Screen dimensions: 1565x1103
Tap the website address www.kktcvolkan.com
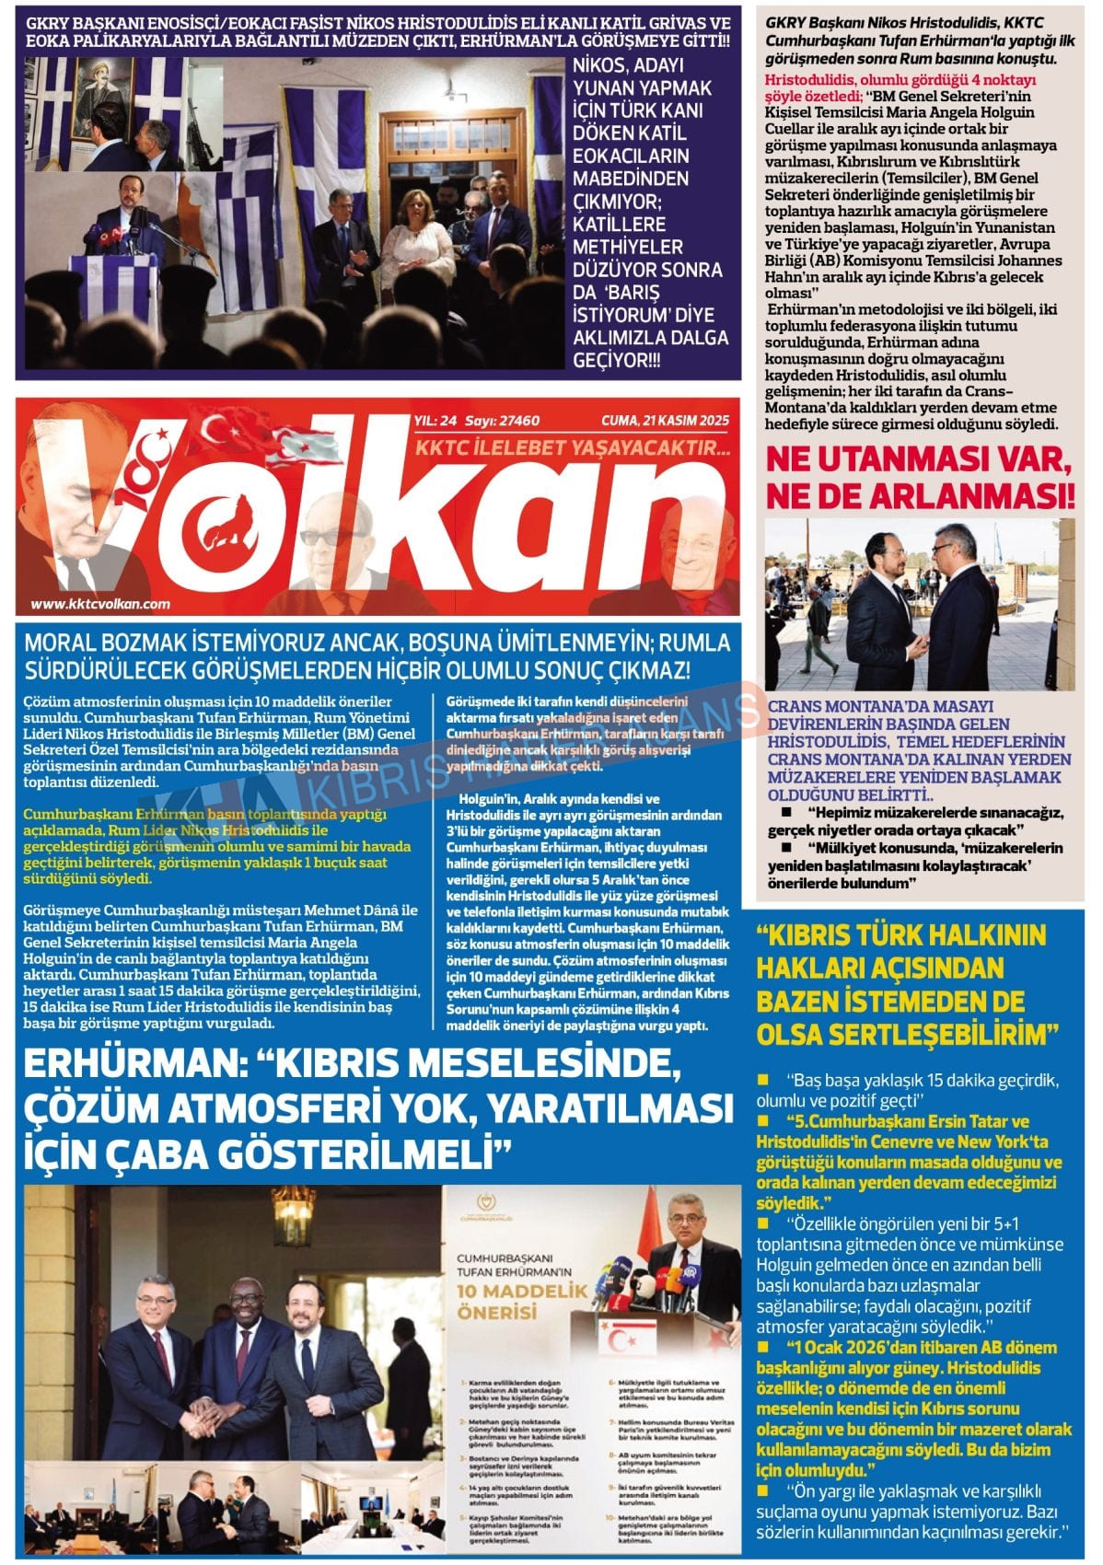pos(100,604)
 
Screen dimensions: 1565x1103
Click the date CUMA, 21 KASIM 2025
pos(665,421)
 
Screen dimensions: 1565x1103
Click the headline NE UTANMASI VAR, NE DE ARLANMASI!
pos(920,477)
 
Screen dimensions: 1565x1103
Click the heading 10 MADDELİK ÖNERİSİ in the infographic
pos(512,1297)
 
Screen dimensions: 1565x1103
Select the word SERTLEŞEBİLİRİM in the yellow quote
pos(902,1035)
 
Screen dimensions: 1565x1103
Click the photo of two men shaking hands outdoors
pos(919,603)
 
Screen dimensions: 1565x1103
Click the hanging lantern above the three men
pos(294,1216)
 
